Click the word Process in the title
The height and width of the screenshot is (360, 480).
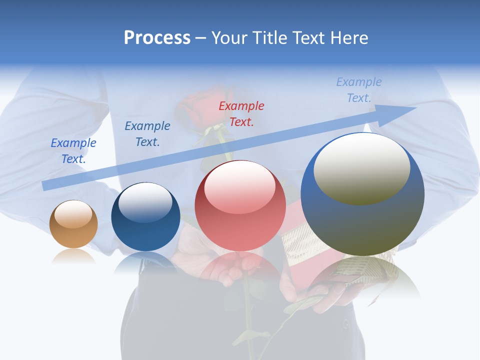click(157, 37)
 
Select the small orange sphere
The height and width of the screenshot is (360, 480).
click(73, 224)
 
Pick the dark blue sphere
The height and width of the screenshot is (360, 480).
click(145, 217)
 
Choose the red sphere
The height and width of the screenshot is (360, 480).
click(240, 205)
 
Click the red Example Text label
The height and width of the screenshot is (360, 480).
click(241, 114)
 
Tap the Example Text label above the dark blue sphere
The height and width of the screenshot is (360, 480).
click(147, 134)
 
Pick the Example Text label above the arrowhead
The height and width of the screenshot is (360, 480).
click(359, 90)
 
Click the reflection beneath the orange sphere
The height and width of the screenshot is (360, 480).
click(73, 256)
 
